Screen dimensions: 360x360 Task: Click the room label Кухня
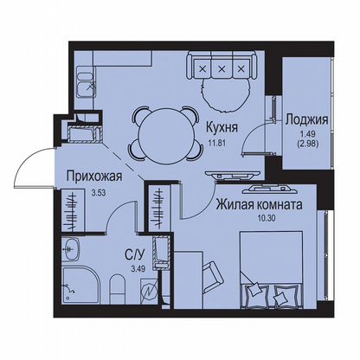[x=222, y=127]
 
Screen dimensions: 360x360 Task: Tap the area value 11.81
[x=217, y=142]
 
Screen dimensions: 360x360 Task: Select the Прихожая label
[x=94, y=177]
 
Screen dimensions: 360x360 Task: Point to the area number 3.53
[x=99, y=193]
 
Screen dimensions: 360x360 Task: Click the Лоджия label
[x=307, y=119]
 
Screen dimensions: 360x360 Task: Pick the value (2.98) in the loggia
[x=308, y=144]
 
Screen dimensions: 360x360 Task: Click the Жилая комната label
[x=260, y=204]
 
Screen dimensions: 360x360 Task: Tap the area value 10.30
[x=267, y=218]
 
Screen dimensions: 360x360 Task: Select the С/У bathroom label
[x=134, y=254]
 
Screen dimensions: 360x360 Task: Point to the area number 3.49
[x=138, y=269]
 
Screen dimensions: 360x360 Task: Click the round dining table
[x=166, y=133]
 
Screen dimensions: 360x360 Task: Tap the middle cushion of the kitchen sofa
[x=222, y=68]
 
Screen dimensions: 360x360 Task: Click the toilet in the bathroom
[x=117, y=289]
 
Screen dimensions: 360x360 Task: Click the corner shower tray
[x=80, y=286]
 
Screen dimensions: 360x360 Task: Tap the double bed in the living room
[x=271, y=269]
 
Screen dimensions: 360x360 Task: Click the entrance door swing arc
[x=28, y=162]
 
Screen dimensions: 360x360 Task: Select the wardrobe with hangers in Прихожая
[x=73, y=210]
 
